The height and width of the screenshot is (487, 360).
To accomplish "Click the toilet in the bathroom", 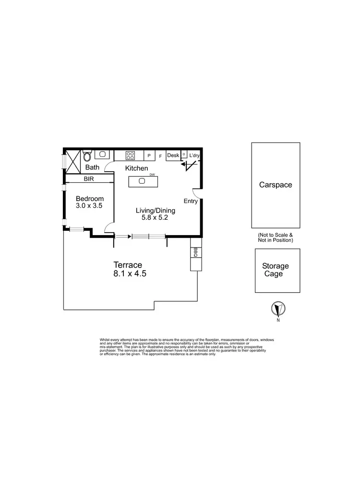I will click(x=87, y=156).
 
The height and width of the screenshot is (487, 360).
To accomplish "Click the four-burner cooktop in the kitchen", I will click(x=130, y=155).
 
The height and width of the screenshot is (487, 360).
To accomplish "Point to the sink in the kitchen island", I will click(x=142, y=181).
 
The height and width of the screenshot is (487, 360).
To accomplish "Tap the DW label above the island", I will click(x=152, y=175).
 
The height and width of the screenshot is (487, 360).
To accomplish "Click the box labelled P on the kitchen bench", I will click(x=149, y=156).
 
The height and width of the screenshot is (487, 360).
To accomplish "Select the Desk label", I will click(x=173, y=155).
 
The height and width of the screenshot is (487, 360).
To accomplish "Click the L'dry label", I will click(x=194, y=155).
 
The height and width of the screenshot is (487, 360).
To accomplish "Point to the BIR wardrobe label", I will click(x=89, y=179).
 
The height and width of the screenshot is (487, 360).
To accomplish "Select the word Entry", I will click(x=191, y=201).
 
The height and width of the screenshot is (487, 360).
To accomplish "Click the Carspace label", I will click(x=276, y=185).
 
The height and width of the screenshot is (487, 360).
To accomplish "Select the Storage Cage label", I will click(x=276, y=270).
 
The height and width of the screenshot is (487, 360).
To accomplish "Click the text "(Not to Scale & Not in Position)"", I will click(x=276, y=237).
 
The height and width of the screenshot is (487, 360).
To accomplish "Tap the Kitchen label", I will click(x=137, y=168).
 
